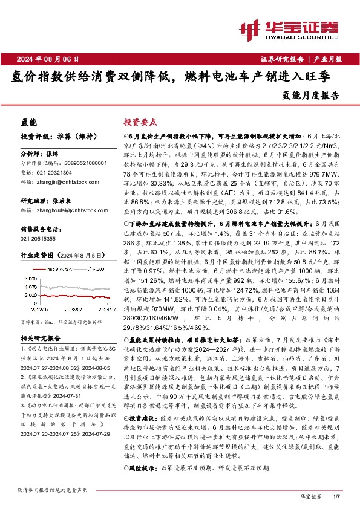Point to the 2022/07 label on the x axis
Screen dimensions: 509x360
(x=39, y=308)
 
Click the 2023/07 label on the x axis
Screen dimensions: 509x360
(x=71, y=308)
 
